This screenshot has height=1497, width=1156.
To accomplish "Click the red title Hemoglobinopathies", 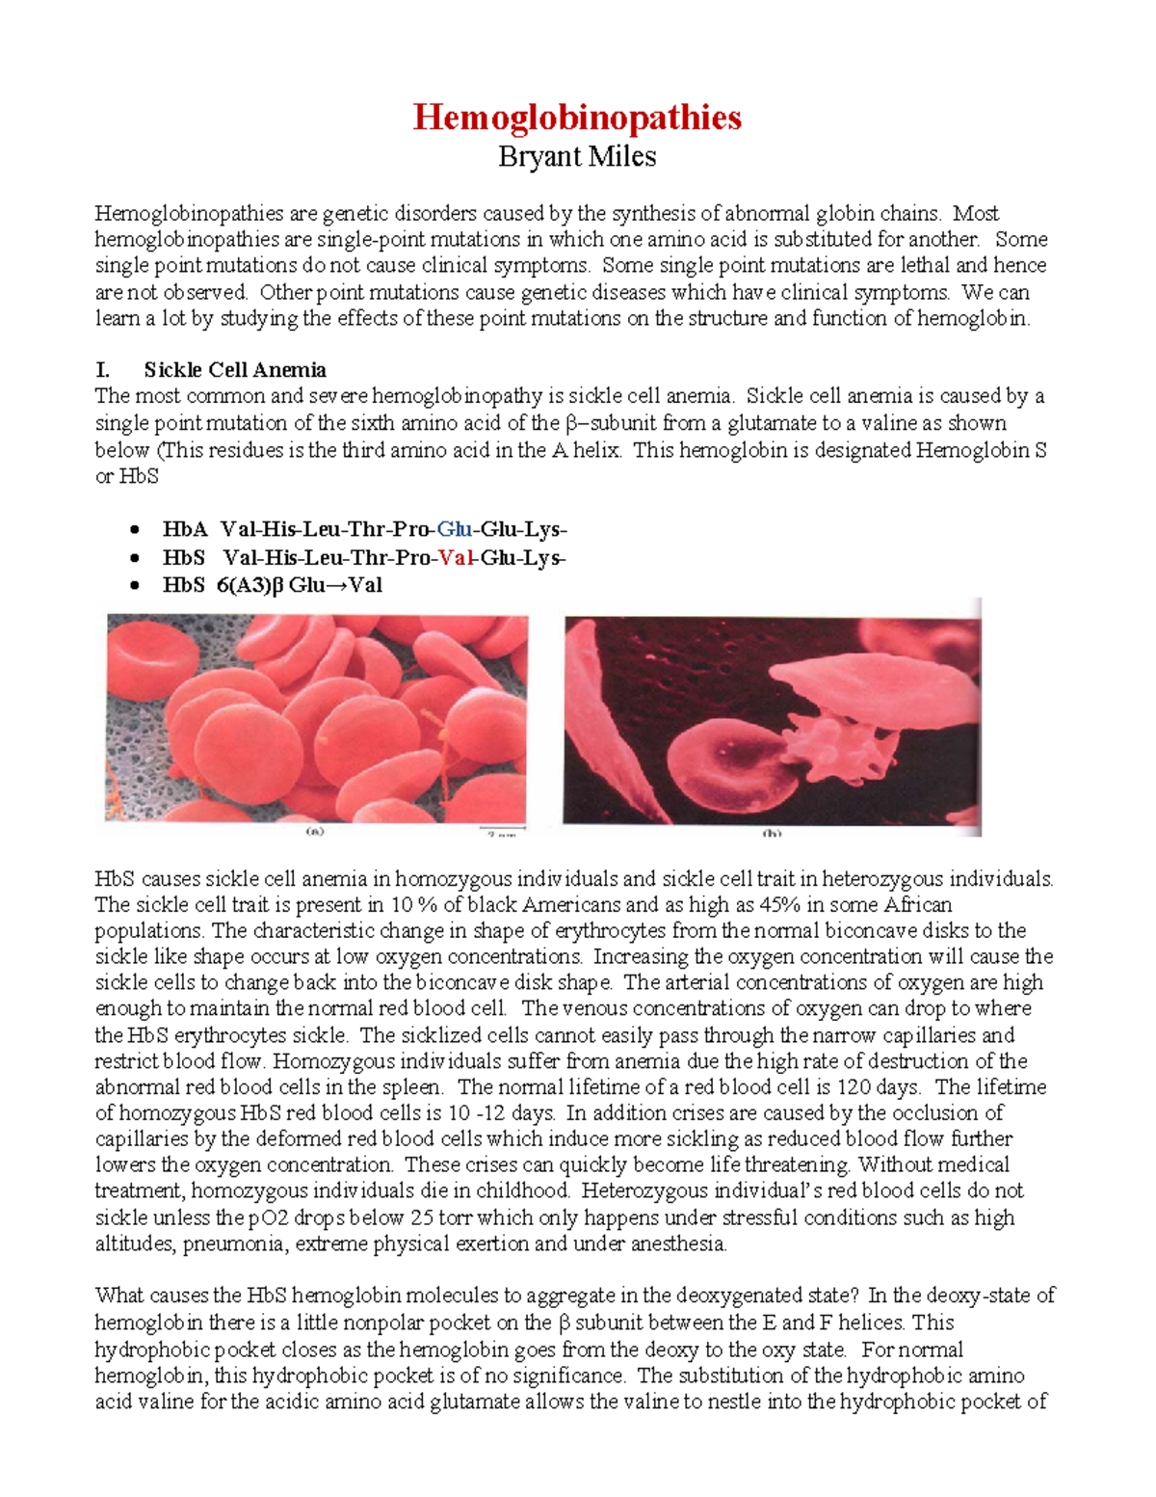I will [x=577, y=118].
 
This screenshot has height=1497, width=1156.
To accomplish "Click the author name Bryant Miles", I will [x=577, y=156].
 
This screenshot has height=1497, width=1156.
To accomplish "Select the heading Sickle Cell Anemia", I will [x=235, y=370].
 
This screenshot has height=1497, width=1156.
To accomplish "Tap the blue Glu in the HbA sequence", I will [x=454, y=529].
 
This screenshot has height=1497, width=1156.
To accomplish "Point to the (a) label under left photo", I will [x=315, y=830].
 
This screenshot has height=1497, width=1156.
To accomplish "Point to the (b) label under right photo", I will [x=772, y=833].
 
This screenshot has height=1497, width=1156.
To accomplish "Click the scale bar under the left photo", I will [x=503, y=828].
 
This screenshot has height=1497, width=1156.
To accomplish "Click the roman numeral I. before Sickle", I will [x=102, y=370].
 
